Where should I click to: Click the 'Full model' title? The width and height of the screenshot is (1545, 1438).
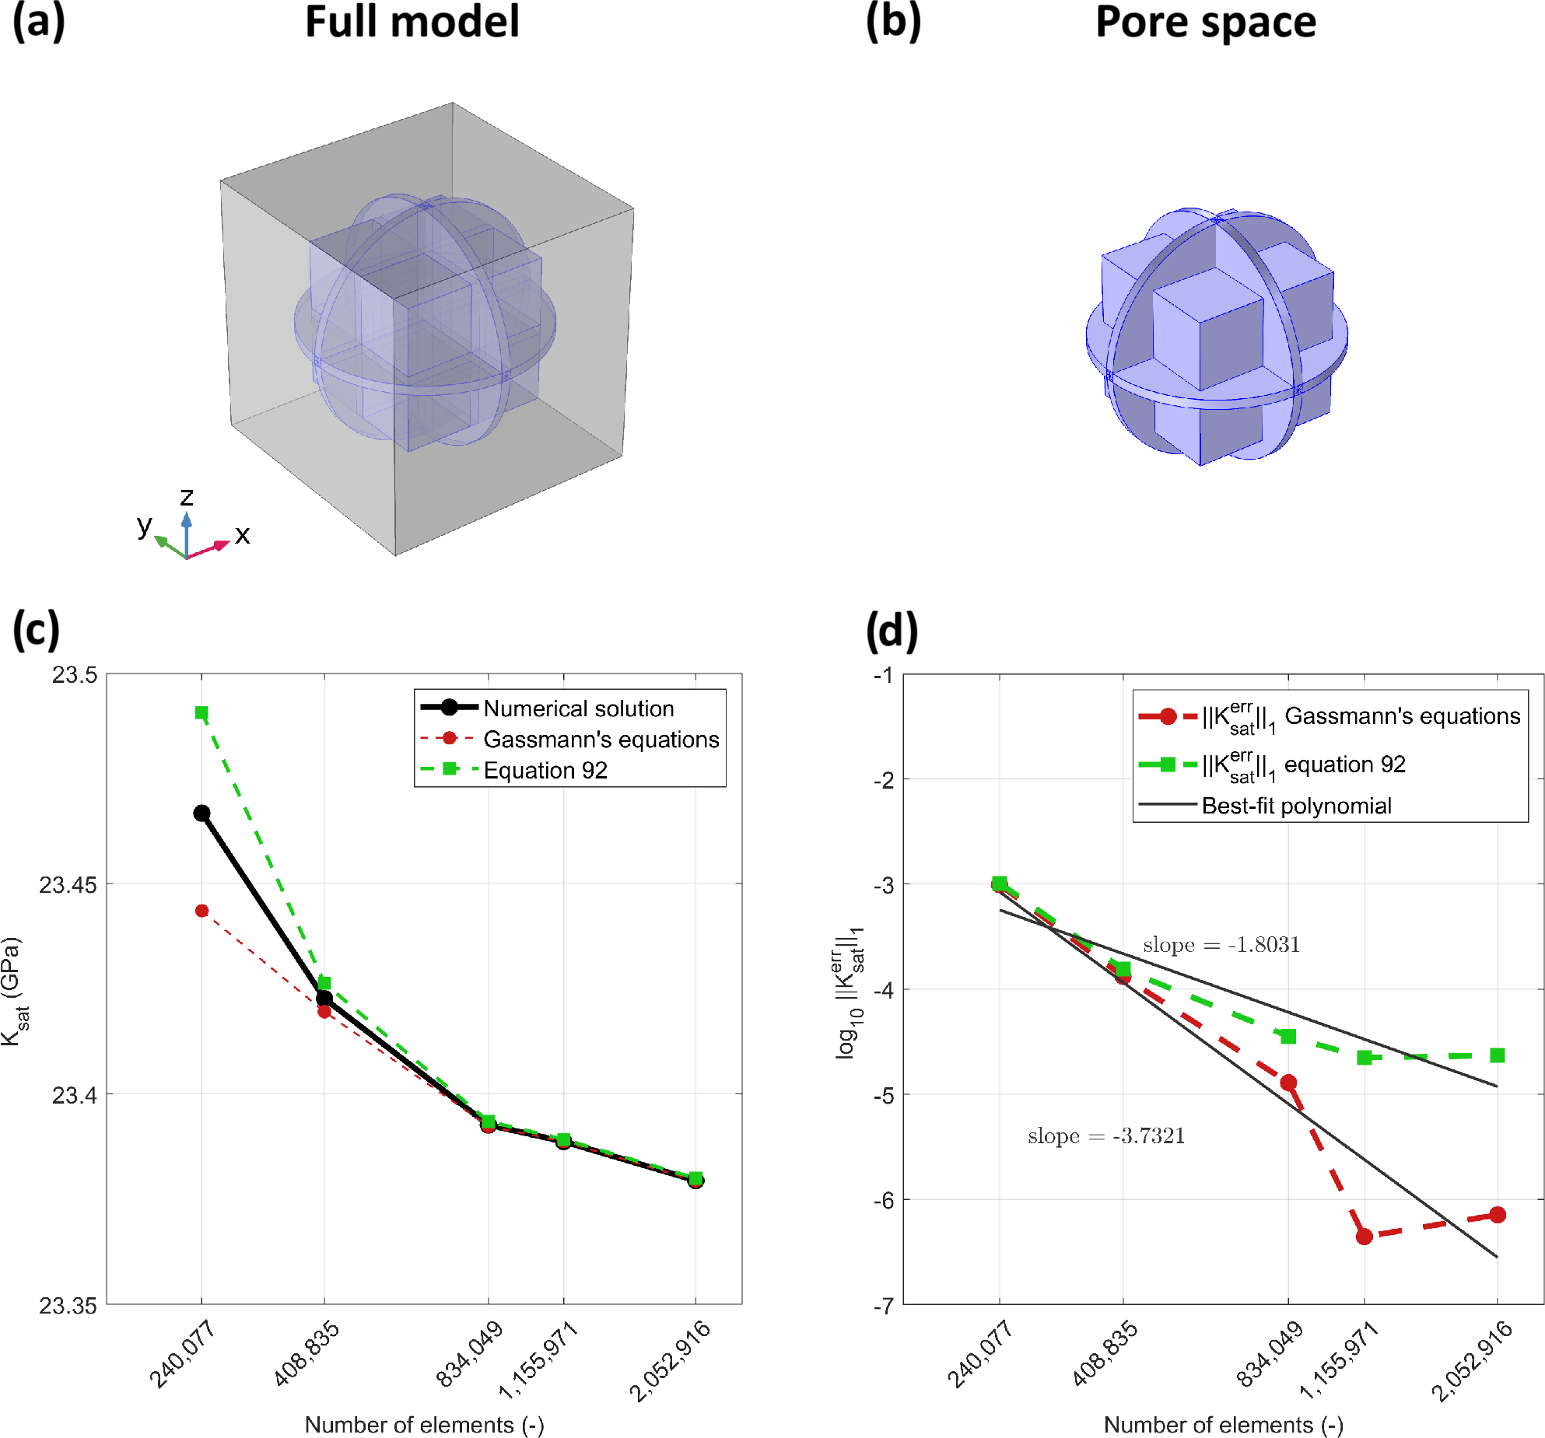(412, 22)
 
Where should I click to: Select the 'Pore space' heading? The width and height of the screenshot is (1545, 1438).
(1205, 22)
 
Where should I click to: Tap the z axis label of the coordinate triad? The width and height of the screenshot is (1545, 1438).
(187, 496)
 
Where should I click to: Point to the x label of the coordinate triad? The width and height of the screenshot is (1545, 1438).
(242, 535)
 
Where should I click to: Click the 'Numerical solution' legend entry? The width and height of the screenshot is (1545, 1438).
(578, 709)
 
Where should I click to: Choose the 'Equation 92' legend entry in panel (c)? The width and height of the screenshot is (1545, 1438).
(545, 770)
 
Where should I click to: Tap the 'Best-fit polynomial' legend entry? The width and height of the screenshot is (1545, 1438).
(1296, 806)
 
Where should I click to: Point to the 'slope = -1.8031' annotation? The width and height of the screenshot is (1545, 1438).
(1221, 945)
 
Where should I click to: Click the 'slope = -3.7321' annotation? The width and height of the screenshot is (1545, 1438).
(1105, 1136)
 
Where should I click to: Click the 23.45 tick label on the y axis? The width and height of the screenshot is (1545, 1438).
(68, 884)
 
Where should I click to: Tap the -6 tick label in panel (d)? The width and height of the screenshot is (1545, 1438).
(883, 1200)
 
